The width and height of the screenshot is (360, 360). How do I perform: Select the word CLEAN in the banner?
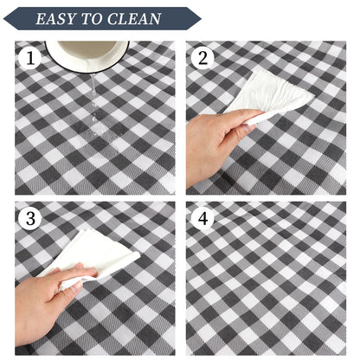coord(134,19)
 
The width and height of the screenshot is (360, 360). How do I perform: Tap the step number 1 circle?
coord(30,58)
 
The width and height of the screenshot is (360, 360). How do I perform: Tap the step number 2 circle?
coord(202,58)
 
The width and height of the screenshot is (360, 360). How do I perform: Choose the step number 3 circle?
coord(30,218)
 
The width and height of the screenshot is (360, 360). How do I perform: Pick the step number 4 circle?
coord(202,218)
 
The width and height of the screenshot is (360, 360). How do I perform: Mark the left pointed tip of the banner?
coord(4,19)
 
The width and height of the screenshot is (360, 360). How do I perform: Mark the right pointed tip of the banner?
coord(201,19)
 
